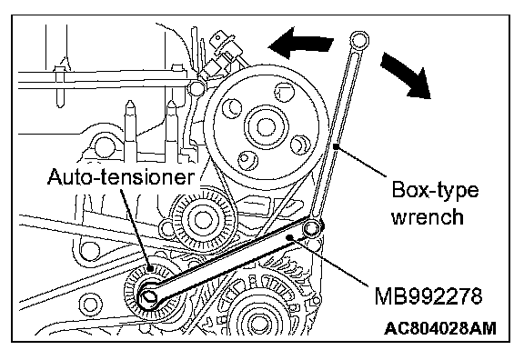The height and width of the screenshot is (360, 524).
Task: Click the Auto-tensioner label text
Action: click(x=121, y=176)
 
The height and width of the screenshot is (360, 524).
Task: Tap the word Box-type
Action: click(x=435, y=191)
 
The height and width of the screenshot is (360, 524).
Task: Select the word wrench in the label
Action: click(x=428, y=216)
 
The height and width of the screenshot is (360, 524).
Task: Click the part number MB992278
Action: click(x=428, y=295)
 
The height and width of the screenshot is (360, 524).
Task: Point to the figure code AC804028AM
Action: click(x=440, y=328)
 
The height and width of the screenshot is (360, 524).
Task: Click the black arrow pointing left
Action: click(x=301, y=43)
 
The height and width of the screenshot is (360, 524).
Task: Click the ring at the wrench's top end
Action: click(x=359, y=40)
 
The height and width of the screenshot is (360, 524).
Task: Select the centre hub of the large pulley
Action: click(x=267, y=127)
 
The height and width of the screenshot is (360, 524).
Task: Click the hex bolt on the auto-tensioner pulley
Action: click(x=148, y=296)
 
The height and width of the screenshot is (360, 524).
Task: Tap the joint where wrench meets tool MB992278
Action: click(x=312, y=228)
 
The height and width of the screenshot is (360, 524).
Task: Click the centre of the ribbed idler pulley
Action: click(x=200, y=219)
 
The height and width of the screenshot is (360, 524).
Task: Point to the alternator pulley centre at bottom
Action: click(x=257, y=321)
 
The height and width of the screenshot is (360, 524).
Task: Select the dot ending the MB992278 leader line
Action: click(x=290, y=237)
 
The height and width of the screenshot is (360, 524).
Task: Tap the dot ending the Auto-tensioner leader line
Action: click(x=151, y=268)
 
